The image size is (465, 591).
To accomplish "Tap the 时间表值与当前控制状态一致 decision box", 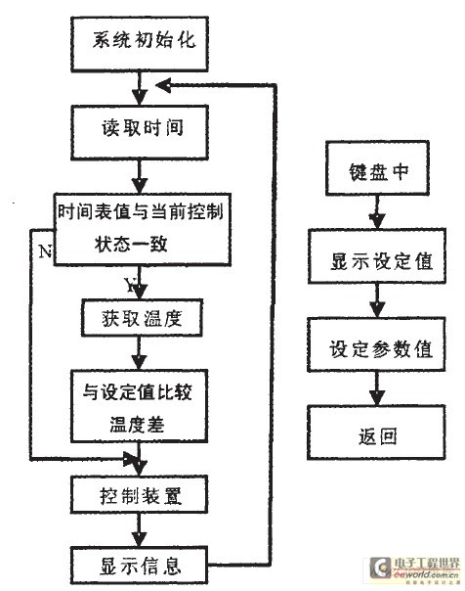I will (143, 229).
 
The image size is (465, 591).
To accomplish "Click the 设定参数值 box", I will (371, 348).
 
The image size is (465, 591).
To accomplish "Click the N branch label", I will (44, 249).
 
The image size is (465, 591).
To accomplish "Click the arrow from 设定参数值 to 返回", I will (371, 392).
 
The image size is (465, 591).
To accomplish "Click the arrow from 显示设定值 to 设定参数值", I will (371, 306).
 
